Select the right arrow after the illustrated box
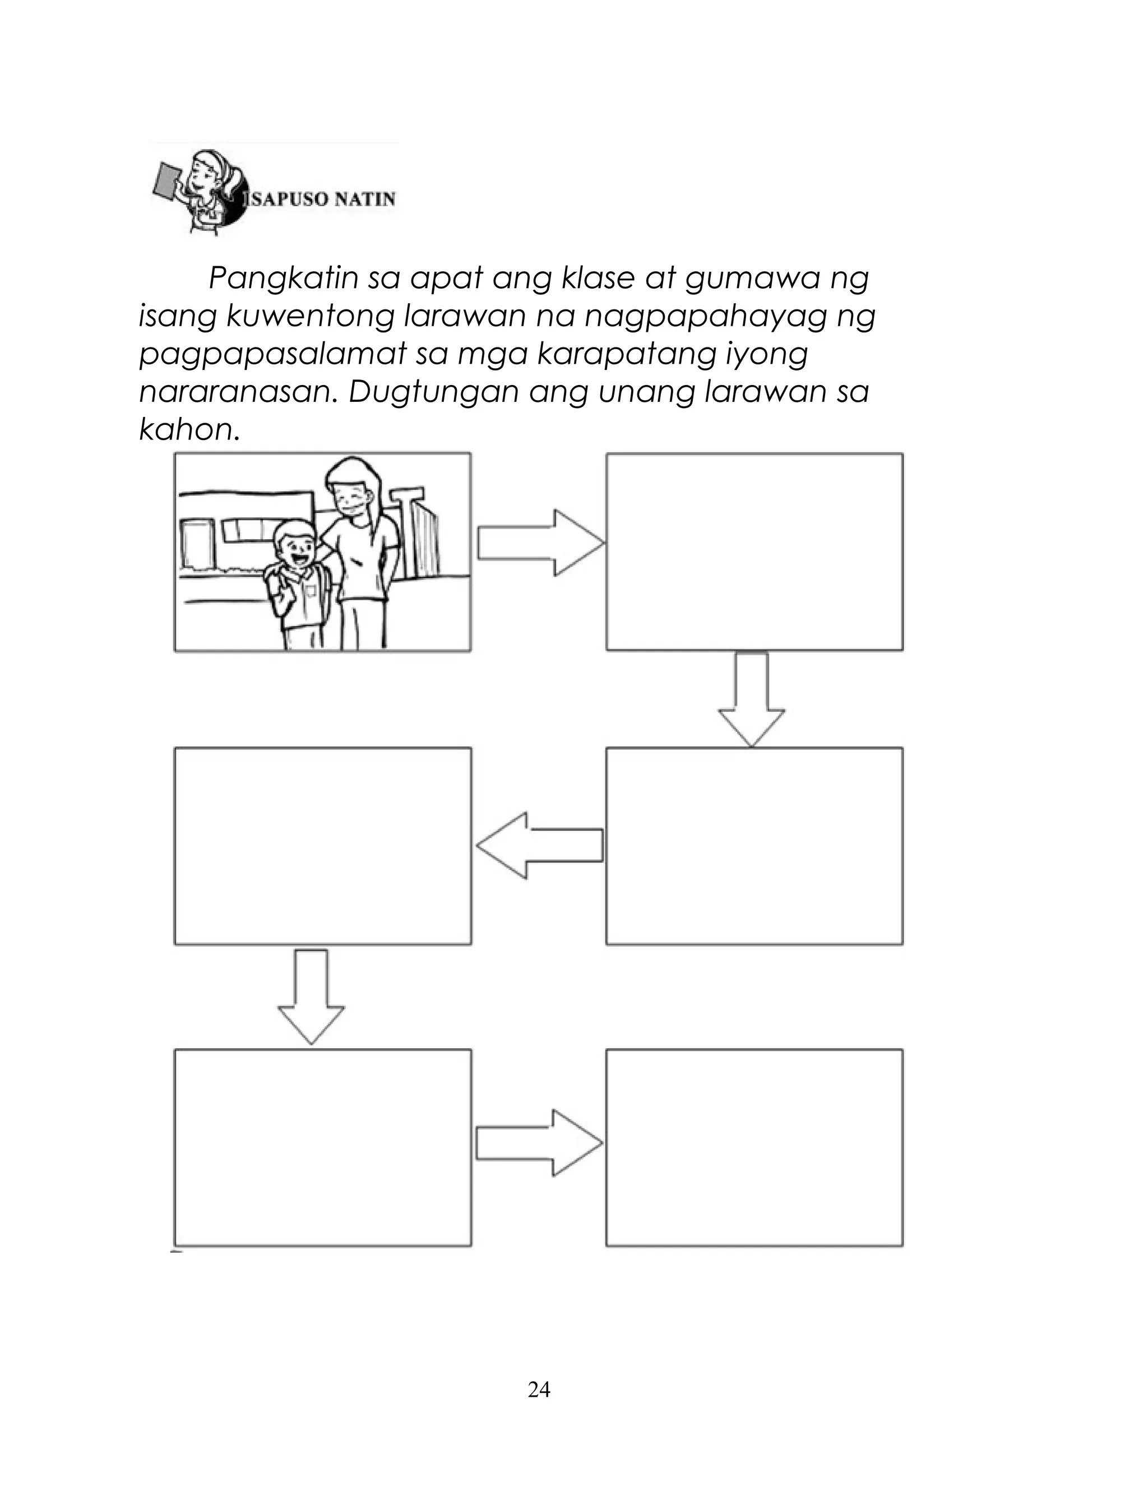pos(540,543)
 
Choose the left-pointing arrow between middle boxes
pos(540,845)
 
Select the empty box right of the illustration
pos(754,552)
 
